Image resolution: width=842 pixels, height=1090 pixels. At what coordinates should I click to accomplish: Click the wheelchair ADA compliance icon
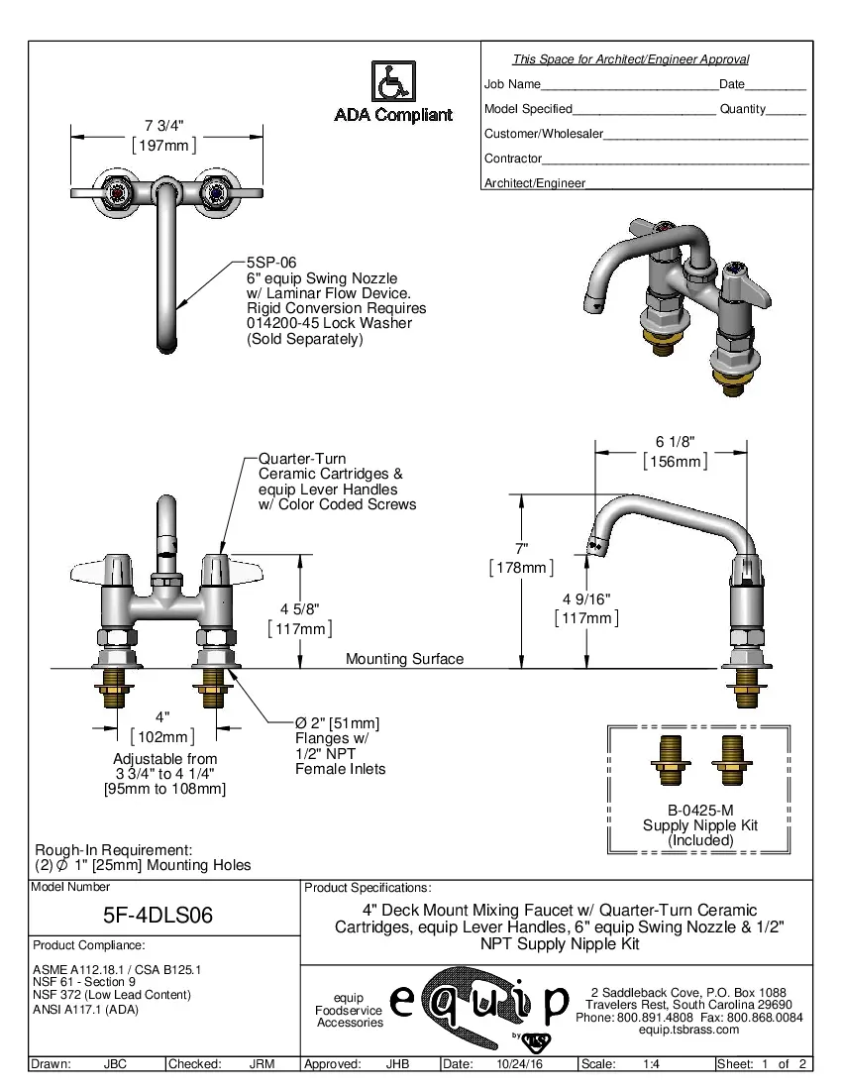(392, 80)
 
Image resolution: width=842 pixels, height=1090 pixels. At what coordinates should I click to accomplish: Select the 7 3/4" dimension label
(164, 125)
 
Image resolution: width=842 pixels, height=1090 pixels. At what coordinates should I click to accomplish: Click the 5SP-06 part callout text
(271, 263)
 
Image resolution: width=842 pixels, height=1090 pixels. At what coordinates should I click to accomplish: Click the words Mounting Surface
(404, 659)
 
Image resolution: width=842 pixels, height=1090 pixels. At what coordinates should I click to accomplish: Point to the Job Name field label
(512, 84)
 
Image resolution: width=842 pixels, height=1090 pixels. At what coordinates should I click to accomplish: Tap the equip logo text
(478, 1001)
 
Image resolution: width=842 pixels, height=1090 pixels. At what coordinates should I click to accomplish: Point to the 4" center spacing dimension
(162, 715)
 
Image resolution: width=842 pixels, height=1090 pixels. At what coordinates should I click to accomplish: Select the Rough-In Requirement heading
(112, 850)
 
